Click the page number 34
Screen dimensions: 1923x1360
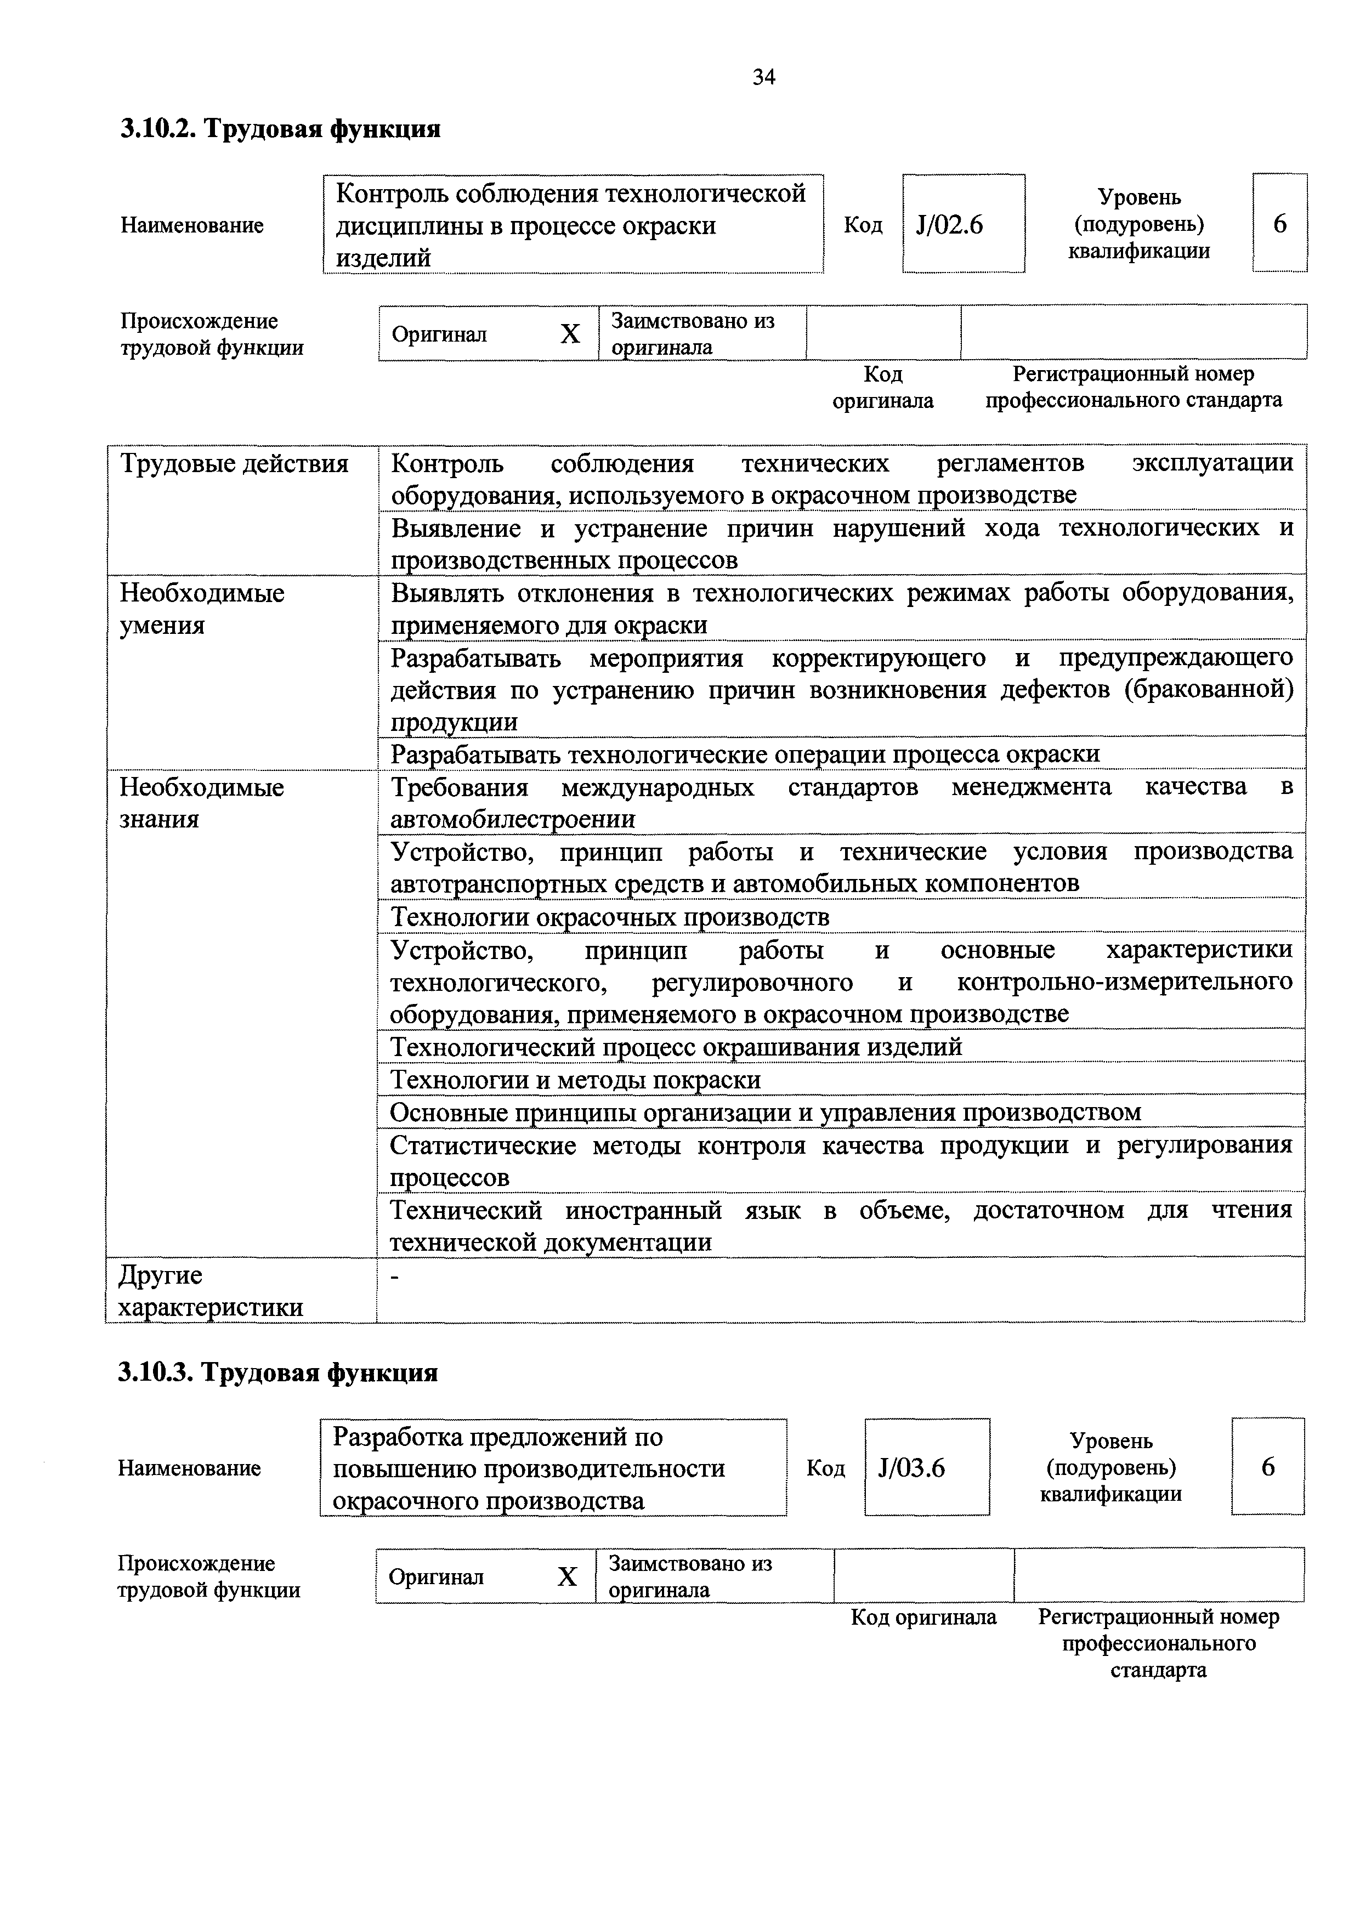764,78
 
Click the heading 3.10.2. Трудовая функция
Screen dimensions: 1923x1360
281,129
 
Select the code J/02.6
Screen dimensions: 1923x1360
950,224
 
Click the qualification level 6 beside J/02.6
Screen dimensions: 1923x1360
1279,224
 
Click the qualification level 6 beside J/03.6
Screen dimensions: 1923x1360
1268,1467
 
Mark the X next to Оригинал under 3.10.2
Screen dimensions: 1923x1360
570,334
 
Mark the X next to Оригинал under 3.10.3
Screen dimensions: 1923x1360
567,1577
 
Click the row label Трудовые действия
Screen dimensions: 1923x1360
235,464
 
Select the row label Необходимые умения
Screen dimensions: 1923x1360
202,609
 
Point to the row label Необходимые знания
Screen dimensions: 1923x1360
202,802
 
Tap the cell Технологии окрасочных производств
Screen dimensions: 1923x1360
610,917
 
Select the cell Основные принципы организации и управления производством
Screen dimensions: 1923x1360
766,1112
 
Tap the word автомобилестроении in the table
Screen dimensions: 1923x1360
513,819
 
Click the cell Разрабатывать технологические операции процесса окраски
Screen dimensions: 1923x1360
745,754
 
